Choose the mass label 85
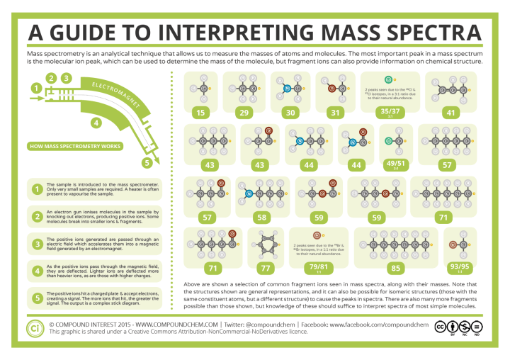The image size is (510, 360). coord(396,267)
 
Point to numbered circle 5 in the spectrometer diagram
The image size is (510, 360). coord(147,162)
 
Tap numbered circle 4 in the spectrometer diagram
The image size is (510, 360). coord(94,122)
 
